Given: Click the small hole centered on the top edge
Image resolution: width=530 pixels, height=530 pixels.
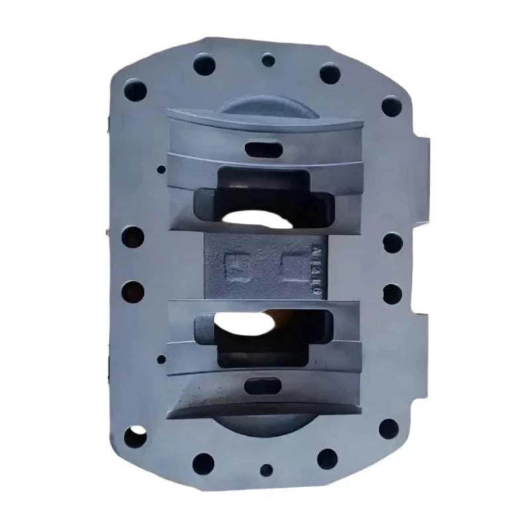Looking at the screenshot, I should pyautogui.click(x=268, y=60).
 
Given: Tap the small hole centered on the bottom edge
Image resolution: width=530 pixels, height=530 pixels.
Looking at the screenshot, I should pyautogui.click(x=266, y=470).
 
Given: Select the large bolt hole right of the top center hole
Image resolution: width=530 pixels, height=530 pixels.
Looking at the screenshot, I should pyautogui.click(x=329, y=72).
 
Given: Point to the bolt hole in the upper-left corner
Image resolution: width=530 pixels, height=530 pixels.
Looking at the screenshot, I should pyautogui.click(x=135, y=89).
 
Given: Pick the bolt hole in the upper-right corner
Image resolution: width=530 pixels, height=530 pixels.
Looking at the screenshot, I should pyautogui.click(x=391, y=106).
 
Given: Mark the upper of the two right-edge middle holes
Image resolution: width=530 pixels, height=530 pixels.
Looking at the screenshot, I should pyautogui.click(x=392, y=242).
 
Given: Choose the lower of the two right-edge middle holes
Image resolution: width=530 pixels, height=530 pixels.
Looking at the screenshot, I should pyautogui.click(x=392, y=293).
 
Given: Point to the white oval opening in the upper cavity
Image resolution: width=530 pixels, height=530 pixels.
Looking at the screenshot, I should pyautogui.click(x=255, y=219).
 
